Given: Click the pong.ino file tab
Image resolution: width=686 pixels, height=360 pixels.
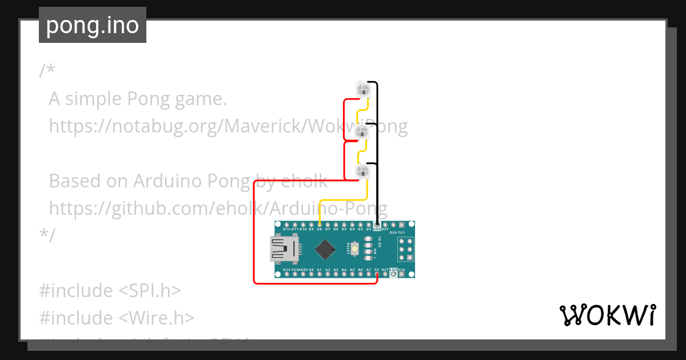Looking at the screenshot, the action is pyautogui.click(x=92, y=25).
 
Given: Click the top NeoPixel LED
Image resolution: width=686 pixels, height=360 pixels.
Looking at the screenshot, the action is pyautogui.click(x=362, y=89).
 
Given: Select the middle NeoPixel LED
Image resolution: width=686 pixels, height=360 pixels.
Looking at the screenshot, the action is pyautogui.click(x=361, y=133).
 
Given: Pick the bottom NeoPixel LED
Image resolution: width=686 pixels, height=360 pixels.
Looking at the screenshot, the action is pyautogui.click(x=362, y=170).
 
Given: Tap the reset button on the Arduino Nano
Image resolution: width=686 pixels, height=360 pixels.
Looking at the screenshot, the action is pyautogui.click(x=355, y=249).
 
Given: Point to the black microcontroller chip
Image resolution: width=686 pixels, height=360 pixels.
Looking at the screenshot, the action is pyautogui.click(x=325, y=249).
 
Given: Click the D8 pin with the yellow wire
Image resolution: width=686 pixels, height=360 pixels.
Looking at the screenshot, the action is pyautogui.click(x=319, y=225).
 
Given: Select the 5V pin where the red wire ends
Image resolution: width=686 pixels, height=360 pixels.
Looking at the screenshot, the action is pyautogui.click(x=377, y=274).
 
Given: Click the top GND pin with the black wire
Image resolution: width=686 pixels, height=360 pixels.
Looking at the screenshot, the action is pyautogui.click(x=377, y=225).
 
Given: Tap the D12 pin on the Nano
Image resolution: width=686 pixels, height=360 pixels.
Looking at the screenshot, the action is pyautogui.click(x=286, y=225).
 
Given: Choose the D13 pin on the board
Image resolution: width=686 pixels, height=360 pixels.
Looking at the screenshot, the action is pyautogui.click(x=286, y=274).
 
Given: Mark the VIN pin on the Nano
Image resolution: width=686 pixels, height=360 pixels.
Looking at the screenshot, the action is pyautogui.click(x=402, y=274).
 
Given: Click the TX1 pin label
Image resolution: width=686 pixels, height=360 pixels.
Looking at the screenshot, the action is pyautogui.click(x=401, y=233).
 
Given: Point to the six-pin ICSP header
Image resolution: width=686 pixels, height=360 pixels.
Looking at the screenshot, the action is pyautogui.click(x=405, y=249).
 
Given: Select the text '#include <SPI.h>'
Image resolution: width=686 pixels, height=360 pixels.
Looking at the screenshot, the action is pyautogui.click(x=110, y=290).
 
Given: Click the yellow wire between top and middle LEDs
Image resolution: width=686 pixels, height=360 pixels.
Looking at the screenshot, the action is pyautogui.click(x=362, y=111).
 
